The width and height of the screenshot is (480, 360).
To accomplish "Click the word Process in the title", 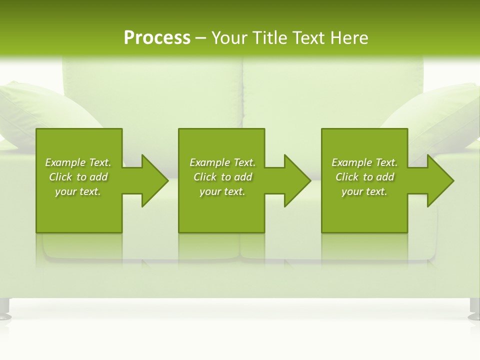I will pos(157,38).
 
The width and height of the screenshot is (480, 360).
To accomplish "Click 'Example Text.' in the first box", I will pos(78,162).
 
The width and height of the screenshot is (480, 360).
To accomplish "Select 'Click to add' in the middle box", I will pos(222,177).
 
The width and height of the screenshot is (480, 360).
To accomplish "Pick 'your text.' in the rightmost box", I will pos(364,191).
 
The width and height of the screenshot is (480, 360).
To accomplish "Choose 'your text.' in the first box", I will pos(78,191).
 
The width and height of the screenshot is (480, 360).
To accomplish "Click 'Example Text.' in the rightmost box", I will pos(364,162).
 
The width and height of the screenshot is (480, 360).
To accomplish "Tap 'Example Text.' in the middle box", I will pos(222,162).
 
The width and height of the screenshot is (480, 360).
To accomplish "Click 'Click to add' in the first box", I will pos(78,177).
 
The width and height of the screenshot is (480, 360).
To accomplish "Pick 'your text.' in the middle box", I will pos(222,191).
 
